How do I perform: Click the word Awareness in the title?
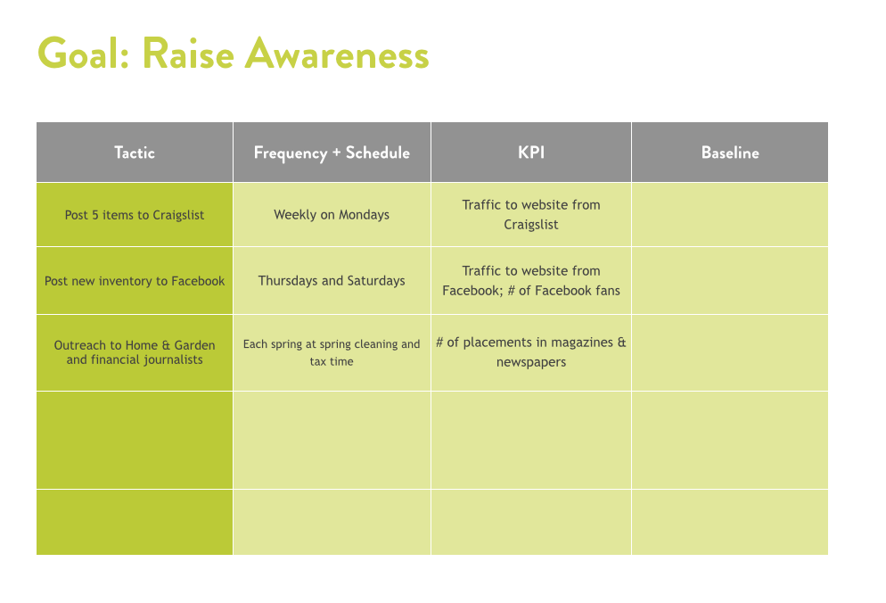pos(337,54)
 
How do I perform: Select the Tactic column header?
pos(135,153)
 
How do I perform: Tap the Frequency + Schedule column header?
pos(332,153)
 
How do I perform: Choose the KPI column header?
pos(531,153)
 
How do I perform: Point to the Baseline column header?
pos(730,153)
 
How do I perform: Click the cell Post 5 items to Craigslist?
pos(135,215)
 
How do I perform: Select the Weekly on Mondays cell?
pos(332,215)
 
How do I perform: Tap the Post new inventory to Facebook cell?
pos(135,281)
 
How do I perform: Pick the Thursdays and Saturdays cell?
pos(332,281)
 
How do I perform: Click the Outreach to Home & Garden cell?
pos(135,352)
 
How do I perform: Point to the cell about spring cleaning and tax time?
pos(332,352)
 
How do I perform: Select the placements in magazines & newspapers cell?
pos(531,352)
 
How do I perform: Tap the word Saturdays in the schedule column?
pos(376,281)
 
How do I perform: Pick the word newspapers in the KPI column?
pos(531,362)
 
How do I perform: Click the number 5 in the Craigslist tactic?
pos(95,215)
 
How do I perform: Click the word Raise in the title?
pos(188,54)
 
